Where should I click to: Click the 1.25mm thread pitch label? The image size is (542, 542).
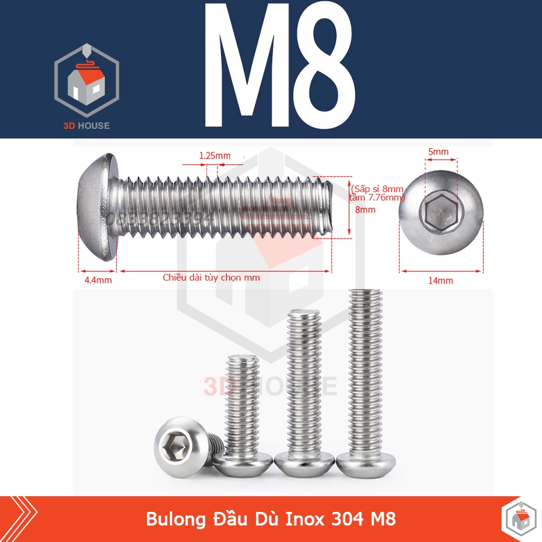[x=214, y=156]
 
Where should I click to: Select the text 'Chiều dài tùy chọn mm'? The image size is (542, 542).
[x=211, y=278]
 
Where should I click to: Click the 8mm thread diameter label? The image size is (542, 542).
[x=365, y=210]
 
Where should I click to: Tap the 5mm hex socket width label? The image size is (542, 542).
[x=438, y=152]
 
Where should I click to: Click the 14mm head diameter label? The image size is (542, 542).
[x=440, y=280]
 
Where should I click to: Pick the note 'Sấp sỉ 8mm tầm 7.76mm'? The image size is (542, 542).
[x=377, y=193]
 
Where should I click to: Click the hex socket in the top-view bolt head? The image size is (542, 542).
[x=441, y=213]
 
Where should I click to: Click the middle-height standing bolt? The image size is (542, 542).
[x=304, y=391]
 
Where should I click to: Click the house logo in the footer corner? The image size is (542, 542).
[x=519, y=519]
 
